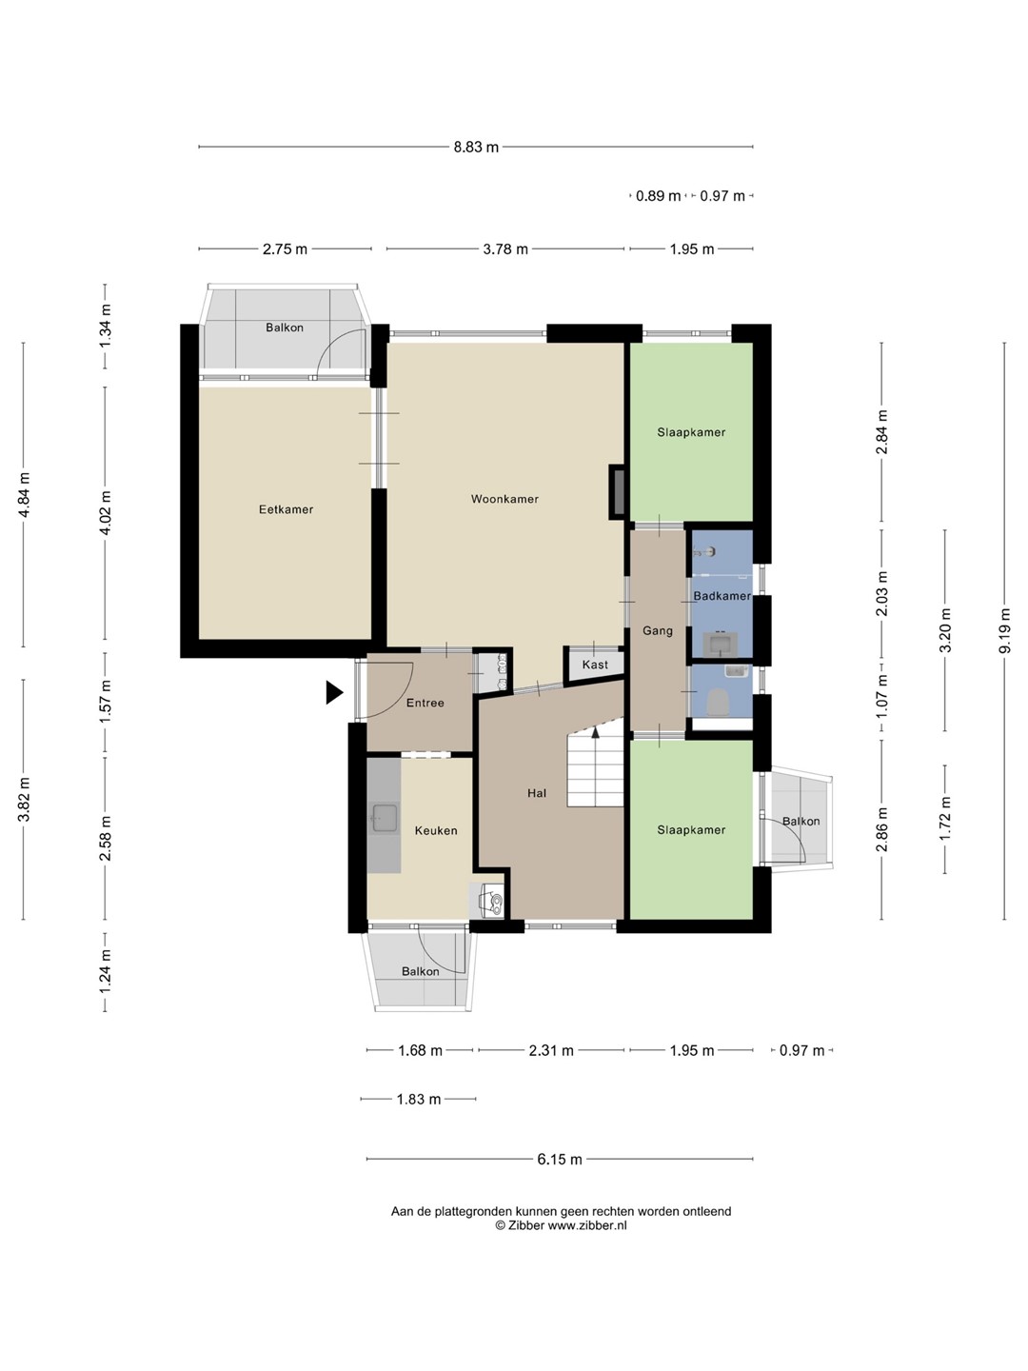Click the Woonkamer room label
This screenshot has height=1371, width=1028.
tap(504, 499)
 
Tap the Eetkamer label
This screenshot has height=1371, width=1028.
tap(286, 509)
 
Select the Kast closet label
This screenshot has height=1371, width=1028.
tap(595, 665)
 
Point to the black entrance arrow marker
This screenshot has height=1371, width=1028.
tap(334, 693)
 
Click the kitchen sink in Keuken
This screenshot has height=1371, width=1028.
tap(385, 818)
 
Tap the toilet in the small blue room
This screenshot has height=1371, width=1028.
tap(719, 702)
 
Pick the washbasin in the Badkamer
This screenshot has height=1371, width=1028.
tap(721, 644)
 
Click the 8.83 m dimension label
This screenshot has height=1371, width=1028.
tap(476, 148)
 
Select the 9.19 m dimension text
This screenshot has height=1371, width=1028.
tap(1004, 631)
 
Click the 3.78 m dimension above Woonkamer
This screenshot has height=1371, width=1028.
tap(504, 249)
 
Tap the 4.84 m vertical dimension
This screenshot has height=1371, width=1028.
tap(24, 495)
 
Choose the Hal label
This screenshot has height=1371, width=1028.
tap(537, 793)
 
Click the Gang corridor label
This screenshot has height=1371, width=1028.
tap(658, 631)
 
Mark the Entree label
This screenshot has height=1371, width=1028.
tap(425, 703)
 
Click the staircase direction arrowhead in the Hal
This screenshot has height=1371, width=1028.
tap(596, 732)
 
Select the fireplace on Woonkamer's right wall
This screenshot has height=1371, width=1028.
tap(617, 492)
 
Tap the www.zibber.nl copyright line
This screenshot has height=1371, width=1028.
tap(562, 1225)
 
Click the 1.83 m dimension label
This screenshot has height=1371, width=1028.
tap(418, 1100)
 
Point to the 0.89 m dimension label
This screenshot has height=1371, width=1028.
tap(658, 196)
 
